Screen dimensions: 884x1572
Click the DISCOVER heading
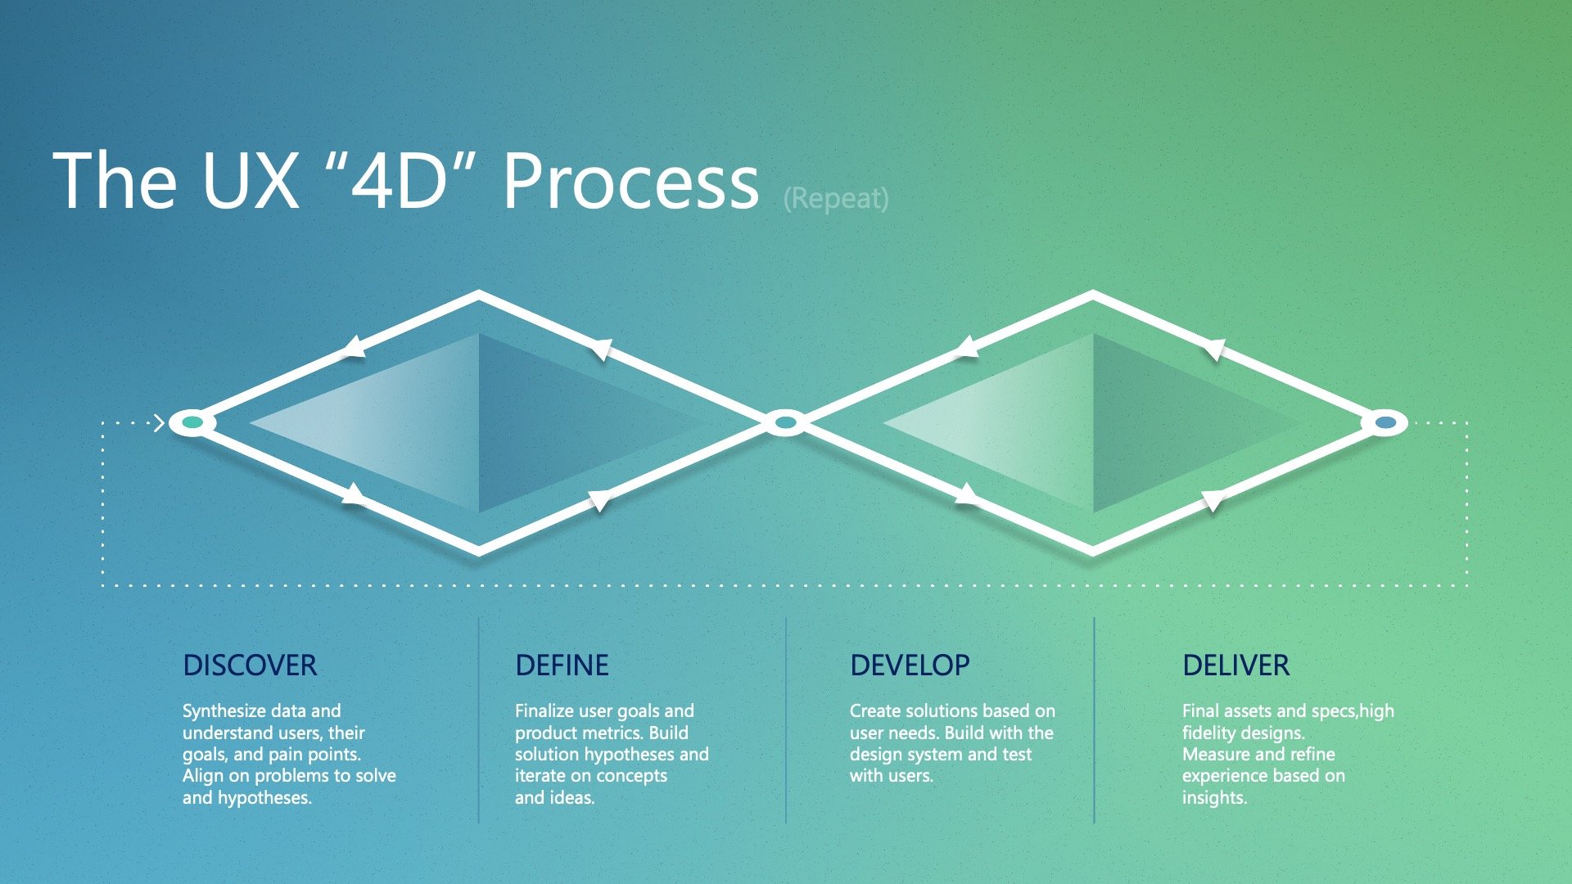tap(250, 665)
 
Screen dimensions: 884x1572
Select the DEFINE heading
tap(562, 665)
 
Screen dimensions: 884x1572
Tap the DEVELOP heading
tap(910, 665)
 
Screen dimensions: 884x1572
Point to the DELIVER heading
tap(1235, 665)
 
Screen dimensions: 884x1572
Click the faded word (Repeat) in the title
tap(836, 198)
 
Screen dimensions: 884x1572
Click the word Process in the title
tap(630, 182)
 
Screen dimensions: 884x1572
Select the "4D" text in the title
tap(400, 182)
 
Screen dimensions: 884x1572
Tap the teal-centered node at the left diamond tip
tap(192, 422)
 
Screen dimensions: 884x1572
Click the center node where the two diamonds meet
tap(785, 422)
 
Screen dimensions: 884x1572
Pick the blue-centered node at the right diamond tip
tap(1385, 422)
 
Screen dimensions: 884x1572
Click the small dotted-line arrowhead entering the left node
tap(160, 423)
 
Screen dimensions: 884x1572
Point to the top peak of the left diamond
tap(479, 295)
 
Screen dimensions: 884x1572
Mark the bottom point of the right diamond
tap(1093, 550)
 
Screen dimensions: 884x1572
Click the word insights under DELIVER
tap(1213, 797)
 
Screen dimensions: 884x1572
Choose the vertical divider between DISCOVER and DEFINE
tap(479, 720)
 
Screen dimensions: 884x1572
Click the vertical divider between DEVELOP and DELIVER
tap(1094, 720)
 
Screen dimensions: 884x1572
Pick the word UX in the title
tap(251, 182)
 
